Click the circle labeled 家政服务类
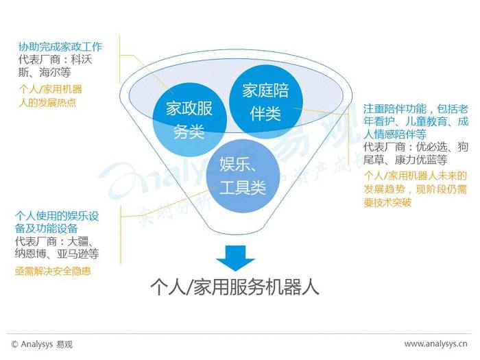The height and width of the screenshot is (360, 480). click(x=189, y=120)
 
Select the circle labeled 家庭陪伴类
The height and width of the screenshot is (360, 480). click(x=266, y=101)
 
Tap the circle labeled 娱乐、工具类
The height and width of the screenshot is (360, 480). click(x=243, y=176)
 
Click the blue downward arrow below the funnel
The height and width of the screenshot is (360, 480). click(x=235, y=258)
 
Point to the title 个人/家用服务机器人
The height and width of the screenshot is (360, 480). click(x=235, y=287)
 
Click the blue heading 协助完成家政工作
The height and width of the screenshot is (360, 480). click(x=60, y=47)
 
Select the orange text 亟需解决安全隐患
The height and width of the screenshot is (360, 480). click(x=53, y=271)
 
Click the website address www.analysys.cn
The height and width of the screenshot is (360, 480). click(x=435, y=344)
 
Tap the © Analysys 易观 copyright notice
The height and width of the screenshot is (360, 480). click(x=42, y=344)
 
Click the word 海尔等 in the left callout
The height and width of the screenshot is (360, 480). click(x=55, y=72)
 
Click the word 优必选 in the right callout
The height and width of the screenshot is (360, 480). click(x=431, y=147)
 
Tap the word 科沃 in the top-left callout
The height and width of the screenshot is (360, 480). click(x=82, y=60)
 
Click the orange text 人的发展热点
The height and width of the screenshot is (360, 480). click(x=47, y=102)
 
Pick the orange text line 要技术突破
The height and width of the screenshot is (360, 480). click(x=387, y=202)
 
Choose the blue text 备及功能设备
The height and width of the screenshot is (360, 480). click(x=46, y=228)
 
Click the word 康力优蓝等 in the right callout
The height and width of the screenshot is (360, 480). click(x=421, y=160)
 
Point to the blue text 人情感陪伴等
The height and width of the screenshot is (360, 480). click(x=395, y=134)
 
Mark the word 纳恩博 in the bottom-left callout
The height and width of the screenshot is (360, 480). click(x=31, y=254)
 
